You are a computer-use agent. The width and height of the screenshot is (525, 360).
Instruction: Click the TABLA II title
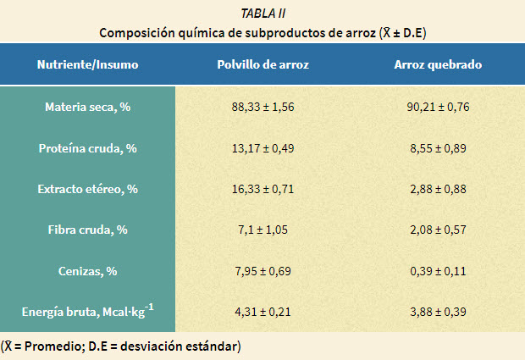click(262, 13)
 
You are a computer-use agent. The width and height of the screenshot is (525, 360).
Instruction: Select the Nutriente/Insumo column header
click(87, 64)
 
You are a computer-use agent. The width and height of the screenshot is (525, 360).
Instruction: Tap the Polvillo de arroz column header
click(262, 64)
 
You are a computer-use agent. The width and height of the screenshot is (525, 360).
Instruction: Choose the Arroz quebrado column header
click(438, 64)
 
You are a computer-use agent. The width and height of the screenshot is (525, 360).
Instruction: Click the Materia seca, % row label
click(87, 108)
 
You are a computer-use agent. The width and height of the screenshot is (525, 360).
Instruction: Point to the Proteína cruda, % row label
click(87, 148)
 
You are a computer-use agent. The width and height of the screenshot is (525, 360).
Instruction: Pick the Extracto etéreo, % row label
click(87, 189)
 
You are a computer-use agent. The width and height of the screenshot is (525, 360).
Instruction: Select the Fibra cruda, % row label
click(87, 230)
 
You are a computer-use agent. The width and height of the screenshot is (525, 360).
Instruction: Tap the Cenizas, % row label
click(87, 271)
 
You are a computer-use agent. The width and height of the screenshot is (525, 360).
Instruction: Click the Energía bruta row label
click(87, 312)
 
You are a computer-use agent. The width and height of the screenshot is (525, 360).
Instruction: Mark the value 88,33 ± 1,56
click(262, 108)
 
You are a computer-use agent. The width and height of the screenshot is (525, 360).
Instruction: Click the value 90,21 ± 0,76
click(438, 108)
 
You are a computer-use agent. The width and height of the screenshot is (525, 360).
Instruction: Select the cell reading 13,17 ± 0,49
click(262, 148)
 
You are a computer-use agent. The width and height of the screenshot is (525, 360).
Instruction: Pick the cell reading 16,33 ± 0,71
click(262, 189)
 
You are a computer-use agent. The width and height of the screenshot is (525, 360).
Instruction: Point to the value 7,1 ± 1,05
click(262, 230)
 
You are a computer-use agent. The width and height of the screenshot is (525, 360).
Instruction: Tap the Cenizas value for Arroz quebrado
click(438, 271)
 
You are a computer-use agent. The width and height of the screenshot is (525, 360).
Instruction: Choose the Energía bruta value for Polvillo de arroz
click(262, 313)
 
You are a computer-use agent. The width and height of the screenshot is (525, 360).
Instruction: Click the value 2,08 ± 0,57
click(438, 230)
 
